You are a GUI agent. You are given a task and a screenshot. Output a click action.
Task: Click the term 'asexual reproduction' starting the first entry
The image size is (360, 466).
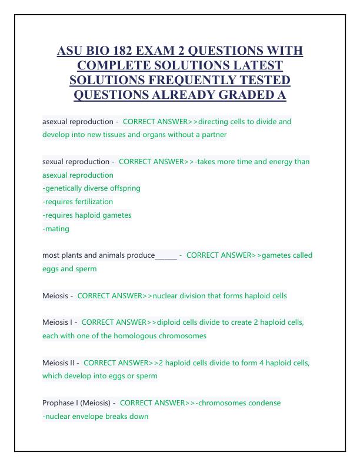coord(77,122)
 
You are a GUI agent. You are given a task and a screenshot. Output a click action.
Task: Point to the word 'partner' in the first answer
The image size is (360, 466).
coord(214,135)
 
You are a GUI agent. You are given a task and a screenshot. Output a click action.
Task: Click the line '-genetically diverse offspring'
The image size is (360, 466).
coord(91,188)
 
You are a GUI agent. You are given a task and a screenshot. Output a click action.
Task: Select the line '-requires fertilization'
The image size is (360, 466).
coord(78,201)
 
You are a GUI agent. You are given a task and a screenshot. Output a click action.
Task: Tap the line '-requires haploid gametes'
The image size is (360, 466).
coord(87,215)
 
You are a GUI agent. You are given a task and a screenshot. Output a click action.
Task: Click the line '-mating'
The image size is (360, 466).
coord(56,228)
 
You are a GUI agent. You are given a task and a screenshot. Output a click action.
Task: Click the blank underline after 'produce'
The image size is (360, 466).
coord(166,256)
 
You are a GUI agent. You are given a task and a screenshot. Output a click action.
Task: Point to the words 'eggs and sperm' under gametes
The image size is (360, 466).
coord(69,269)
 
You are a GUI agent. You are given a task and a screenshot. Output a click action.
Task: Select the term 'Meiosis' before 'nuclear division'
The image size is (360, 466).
coord(55,295)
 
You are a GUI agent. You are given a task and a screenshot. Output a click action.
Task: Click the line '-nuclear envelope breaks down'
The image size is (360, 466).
coord(95,417)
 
